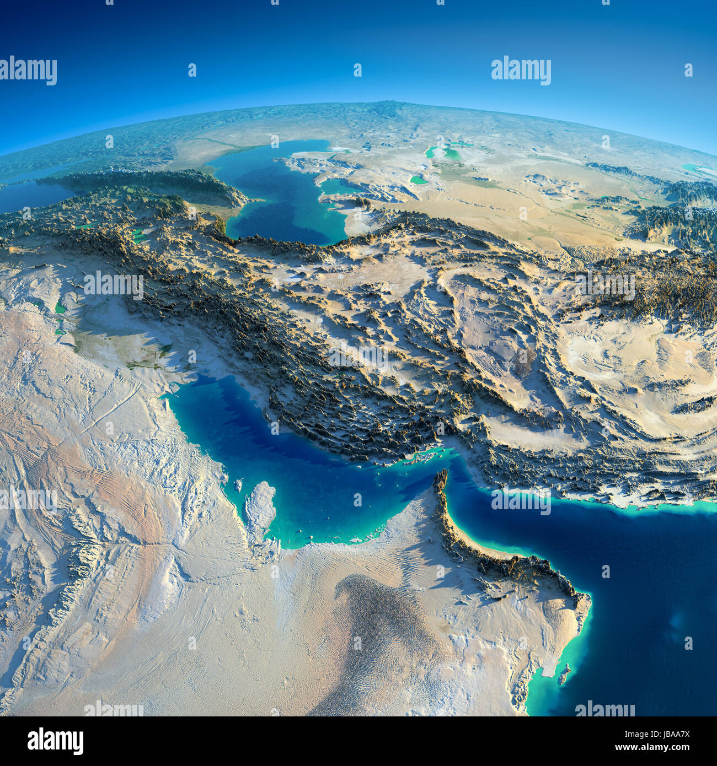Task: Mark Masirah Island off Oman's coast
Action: [x=563, y=673]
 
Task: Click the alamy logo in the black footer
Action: [x=55, y=741]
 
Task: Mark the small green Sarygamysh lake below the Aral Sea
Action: [x=419, y=180]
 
